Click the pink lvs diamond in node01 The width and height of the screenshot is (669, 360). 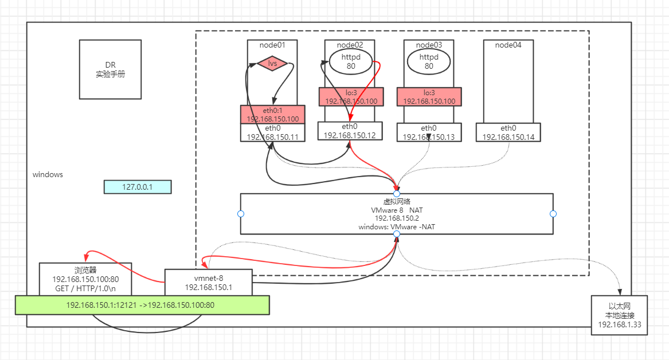(x=272, y=64)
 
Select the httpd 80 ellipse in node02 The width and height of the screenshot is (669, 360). (x=351, y=61)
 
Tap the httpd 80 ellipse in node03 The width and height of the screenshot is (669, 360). (x=429, y=61)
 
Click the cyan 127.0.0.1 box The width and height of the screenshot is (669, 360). (x=138, y=187)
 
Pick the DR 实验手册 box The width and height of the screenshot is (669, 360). (x=110, y=69)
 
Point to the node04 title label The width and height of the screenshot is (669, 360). (x=508, y=45)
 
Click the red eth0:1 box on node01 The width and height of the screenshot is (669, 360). (x=273, y=114)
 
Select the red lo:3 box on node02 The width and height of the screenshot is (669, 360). (x=351, y=97)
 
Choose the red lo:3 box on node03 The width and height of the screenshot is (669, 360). (x=429, y=97)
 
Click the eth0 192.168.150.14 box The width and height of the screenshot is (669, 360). (x=508, y=132)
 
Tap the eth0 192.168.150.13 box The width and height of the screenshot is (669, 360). (x=429, y=132)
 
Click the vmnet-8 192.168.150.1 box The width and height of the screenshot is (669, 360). (x=208, y=282)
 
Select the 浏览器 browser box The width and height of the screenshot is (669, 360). (x=85, y=279)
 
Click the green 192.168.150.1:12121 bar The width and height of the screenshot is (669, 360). (x=142, y=305)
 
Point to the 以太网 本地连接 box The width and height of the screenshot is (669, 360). (x=620, y=315)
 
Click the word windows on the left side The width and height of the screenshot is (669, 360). (x=48, y=174)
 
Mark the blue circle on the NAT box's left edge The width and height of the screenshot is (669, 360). (x=241, y=214)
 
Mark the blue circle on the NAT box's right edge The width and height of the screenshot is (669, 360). (x=553, y=214)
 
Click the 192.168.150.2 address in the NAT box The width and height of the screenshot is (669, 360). (x=397, y=218)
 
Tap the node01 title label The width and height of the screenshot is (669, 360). (x=272, y=45)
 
